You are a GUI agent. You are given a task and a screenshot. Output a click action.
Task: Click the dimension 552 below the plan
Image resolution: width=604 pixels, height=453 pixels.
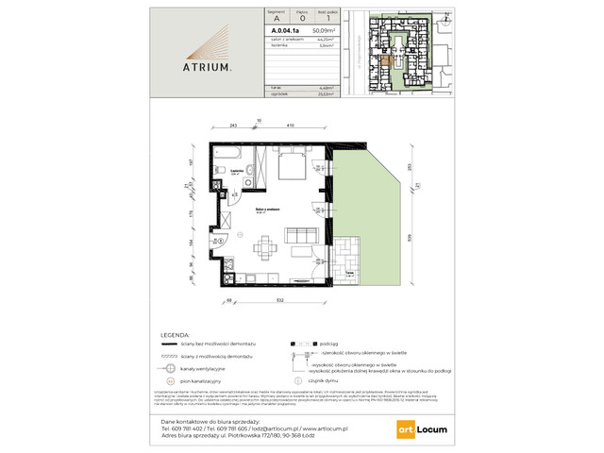(x=280, y=300)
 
